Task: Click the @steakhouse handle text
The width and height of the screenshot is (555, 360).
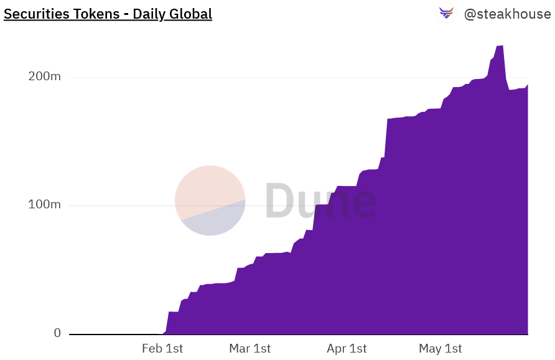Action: pos(507,14)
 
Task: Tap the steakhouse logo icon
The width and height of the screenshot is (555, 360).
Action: pos(447,13)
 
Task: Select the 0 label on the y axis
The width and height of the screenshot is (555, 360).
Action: pos(57,333)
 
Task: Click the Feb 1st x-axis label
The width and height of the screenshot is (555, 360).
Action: pos(162,349)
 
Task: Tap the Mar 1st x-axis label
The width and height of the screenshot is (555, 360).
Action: pos(250,349)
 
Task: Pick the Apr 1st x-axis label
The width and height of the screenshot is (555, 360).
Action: pos(346,349)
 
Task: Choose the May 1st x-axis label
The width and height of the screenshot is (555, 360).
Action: pos(440,349)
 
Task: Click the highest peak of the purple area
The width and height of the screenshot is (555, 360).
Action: pos(500,46)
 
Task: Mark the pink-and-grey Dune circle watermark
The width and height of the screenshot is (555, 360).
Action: pos(210,201)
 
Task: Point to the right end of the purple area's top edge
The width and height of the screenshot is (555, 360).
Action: pos(528,85)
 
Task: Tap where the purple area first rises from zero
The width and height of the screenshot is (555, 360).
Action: pos(164,333)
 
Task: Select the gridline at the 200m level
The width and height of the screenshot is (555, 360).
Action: pos(249,77)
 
